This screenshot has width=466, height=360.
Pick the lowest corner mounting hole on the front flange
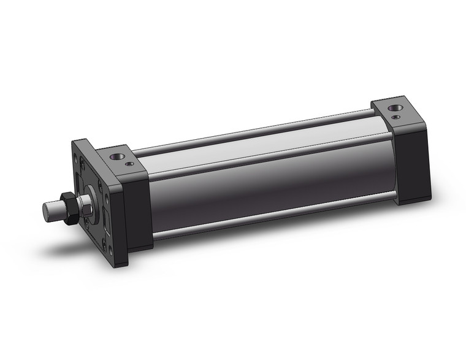[x=112, y=250]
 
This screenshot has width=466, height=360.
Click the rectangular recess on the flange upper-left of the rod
[x=78, y=183]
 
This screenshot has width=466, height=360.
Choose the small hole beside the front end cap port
[x=129, y=163]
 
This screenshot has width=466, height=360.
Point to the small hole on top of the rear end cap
[x=399, y=117]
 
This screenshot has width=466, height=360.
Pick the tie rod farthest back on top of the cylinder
[x=258, y=130]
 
